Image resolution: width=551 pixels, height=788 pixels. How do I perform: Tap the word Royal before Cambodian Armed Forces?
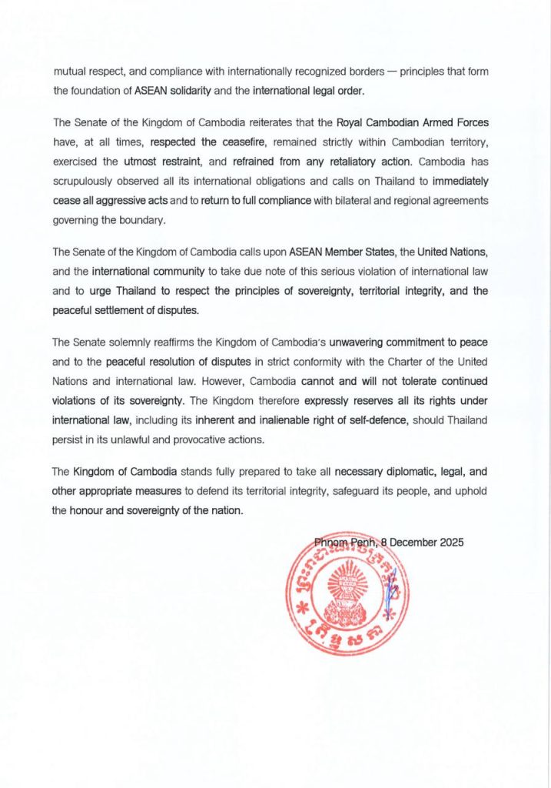click(x=354, y=122)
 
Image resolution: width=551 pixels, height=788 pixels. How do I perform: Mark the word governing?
click(x=78, y=221)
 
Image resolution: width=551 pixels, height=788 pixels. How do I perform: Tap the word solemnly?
click(x=141, y=342)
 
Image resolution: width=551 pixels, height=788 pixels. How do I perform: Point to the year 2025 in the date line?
click(x=450, y=542)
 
